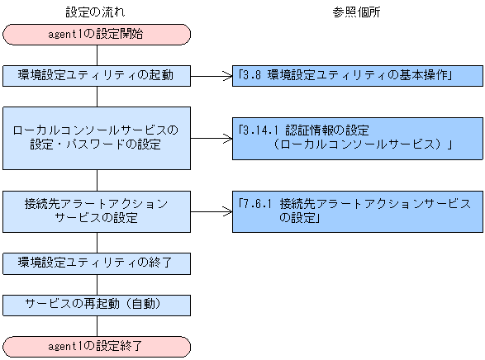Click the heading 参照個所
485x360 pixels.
point(356,12)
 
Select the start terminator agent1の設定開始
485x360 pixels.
point(97,34)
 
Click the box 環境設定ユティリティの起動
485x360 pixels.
point(97,75)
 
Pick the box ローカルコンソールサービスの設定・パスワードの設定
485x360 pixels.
point(97,138)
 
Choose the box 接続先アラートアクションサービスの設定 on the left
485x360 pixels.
point(97,211)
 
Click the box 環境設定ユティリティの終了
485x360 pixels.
point(97,263)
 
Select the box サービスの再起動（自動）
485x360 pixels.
point(97,305)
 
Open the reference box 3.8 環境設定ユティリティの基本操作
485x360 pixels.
point(356,75)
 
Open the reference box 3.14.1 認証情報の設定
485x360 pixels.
point(356,138)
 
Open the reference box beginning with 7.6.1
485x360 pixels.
point(356,211)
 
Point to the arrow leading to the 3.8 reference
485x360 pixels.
point(211,75)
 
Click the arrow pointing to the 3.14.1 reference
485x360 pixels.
point(211,138)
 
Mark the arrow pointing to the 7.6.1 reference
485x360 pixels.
point(211,211)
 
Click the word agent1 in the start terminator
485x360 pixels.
point(69,34)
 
